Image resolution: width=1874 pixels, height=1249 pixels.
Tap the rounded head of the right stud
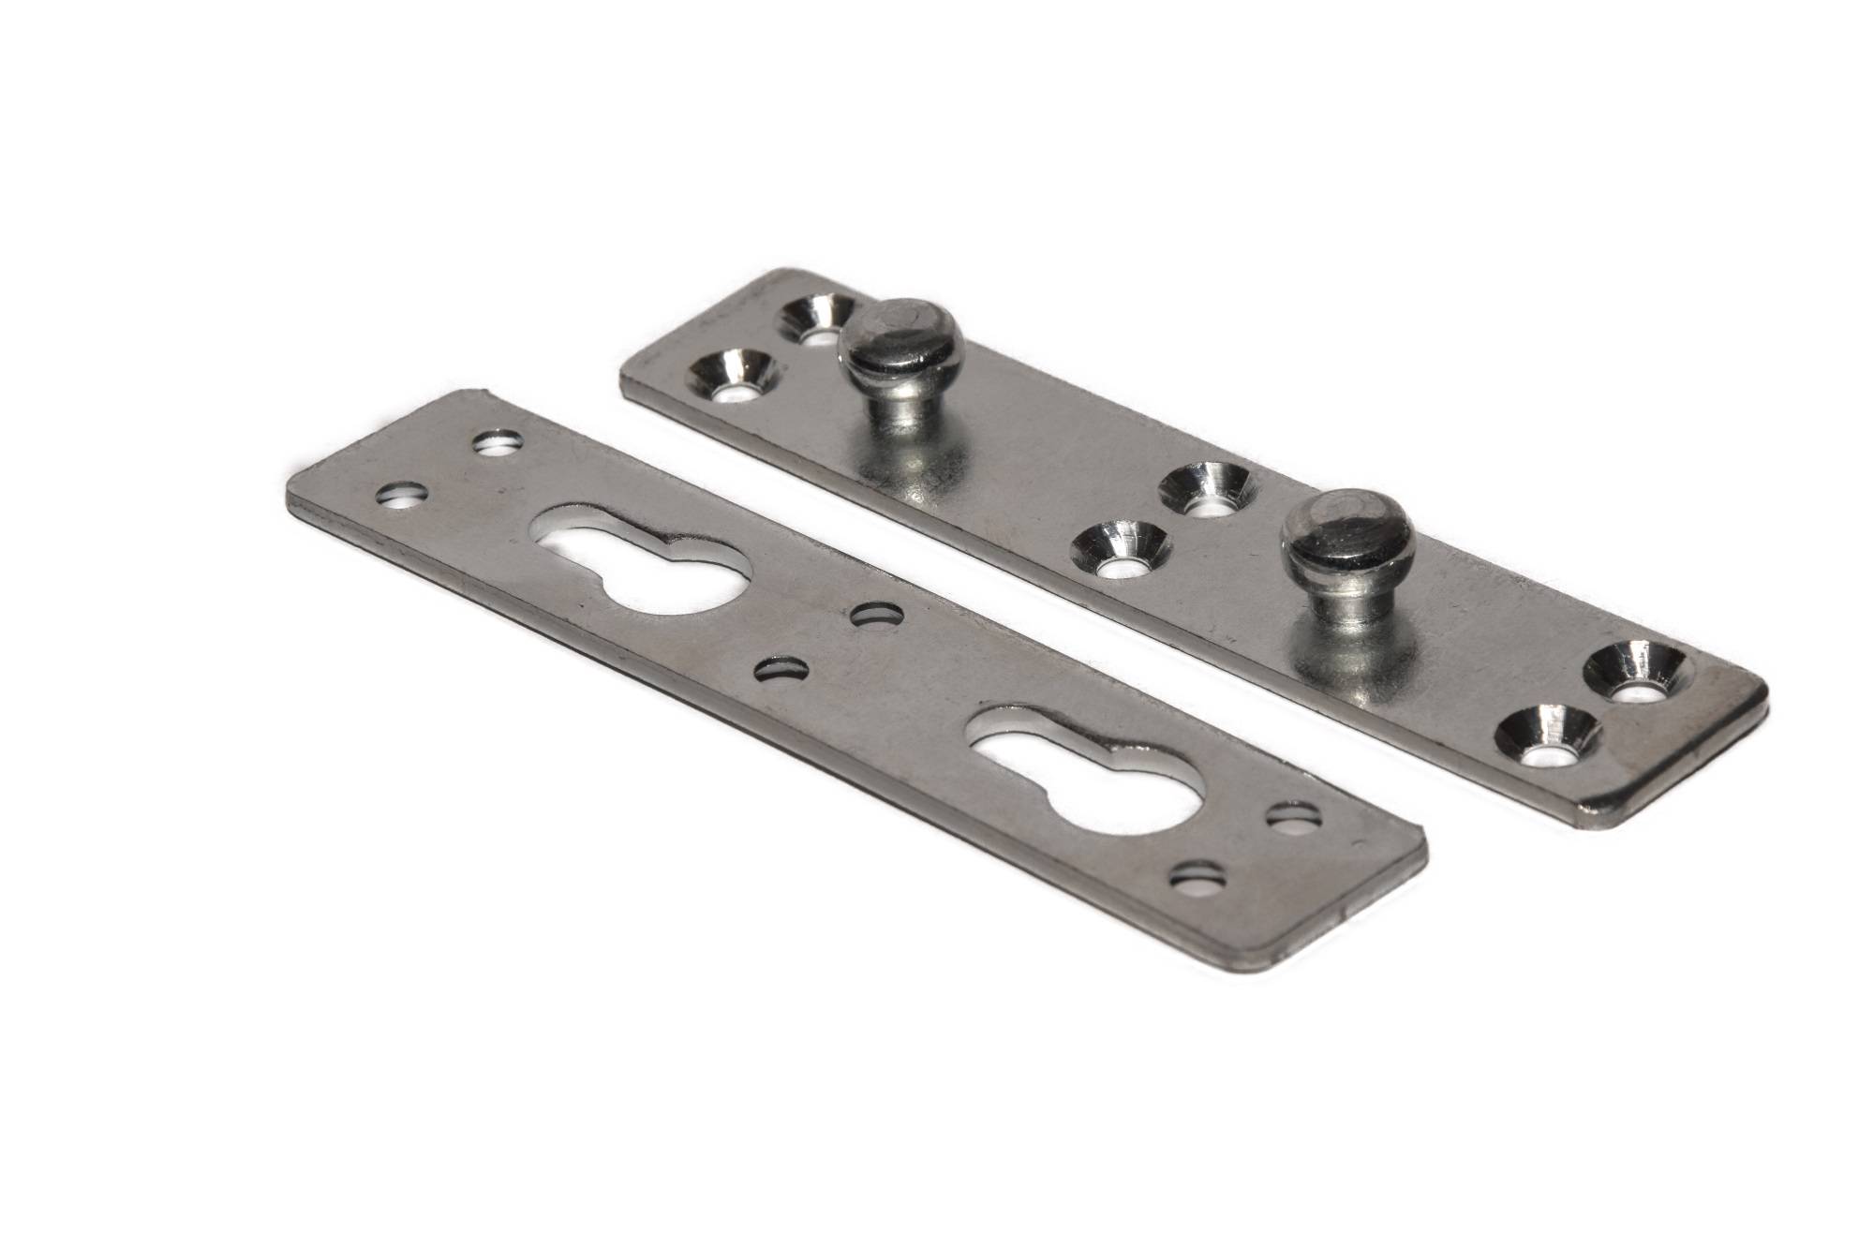coord(1330,535)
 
